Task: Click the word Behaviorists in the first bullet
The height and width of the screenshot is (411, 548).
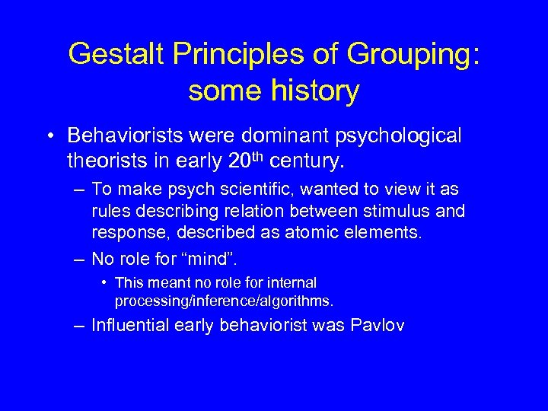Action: click(x=122, y=135)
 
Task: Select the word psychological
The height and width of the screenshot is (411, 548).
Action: click(x=396, y=137)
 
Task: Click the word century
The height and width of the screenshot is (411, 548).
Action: click(x=317, y=161)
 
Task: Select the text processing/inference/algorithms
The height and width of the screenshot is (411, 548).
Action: click(x=225, y=300)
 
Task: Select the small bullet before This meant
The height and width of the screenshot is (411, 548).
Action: click(x=104, y=283)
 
